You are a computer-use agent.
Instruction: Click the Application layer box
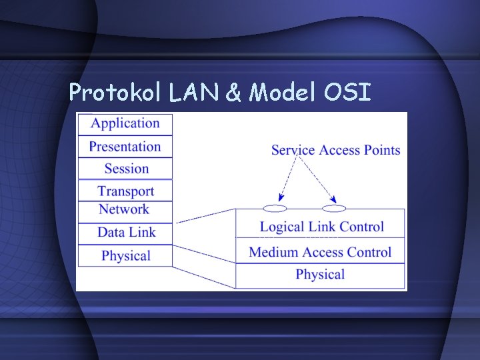point(125,123)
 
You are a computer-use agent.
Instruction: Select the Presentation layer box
point(125,147)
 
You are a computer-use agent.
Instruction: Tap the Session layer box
point(125,169)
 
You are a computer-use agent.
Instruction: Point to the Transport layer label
point(125,191)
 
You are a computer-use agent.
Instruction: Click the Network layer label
point(124,209)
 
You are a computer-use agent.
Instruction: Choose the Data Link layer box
point(125,233)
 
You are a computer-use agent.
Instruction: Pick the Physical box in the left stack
point(125,256)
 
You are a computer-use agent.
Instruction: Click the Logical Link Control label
point(321,227)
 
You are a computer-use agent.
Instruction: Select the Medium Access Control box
point(320,252)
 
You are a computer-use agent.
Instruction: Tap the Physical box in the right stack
point(320,275)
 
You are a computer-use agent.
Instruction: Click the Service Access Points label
point(335,149)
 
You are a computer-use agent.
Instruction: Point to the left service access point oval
point(273,208)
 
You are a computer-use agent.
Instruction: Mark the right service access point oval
point(333,208)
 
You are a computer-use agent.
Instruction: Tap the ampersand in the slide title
point(233,93)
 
